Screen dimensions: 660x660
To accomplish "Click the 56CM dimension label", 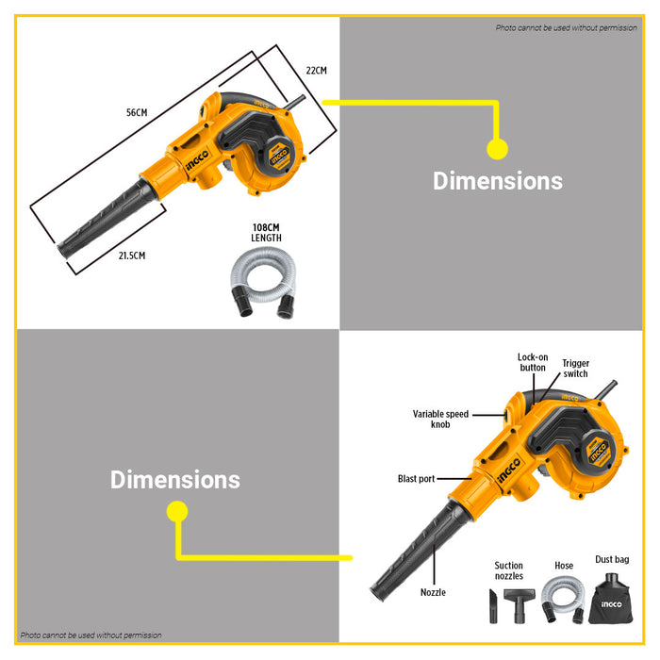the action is pyautogui.click(x=137, y=112).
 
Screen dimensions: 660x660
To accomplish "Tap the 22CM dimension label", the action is pyautogui.click(x=316, y=71).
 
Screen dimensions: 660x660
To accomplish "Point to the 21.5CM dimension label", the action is pyautogui.click(x=132, y=256).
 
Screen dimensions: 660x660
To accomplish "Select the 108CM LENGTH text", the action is pyautogui.click(x=266, y=233).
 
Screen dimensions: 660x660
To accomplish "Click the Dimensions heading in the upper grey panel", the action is pyautogui.click(x=498, y=181).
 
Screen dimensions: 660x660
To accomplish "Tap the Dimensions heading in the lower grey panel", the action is pyautogui.click(x=175, y=479).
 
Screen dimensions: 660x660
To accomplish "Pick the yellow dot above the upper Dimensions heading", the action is pyautogui.click(x=497, y=149).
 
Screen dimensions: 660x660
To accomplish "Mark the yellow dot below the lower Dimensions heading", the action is pyautogui.click(x=177, y=511).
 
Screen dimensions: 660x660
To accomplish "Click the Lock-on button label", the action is pyautogui.click(x=533, y=362).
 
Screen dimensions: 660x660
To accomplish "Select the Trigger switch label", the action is pyautogui.click(x=575, y=369).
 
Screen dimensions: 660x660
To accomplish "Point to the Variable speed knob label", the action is pyautogui.click(x=440, y=420).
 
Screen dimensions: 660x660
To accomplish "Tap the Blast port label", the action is pyautogui.click(x=417, y=479).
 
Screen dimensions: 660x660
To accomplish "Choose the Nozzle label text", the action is pyautogui.click(x=433, y=592).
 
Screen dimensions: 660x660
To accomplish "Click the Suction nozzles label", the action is pyautogui.click(x=508, y=570).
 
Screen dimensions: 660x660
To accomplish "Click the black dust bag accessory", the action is pyautogui.click(x=610, y=600).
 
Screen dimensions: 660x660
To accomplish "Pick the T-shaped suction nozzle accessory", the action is pyautogui.click(x=520, y=605).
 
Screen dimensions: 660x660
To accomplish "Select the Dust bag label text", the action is pyautogui.click(x=612, y=559).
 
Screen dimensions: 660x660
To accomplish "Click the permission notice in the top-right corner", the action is pyautogui.click(x=566, y=27).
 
